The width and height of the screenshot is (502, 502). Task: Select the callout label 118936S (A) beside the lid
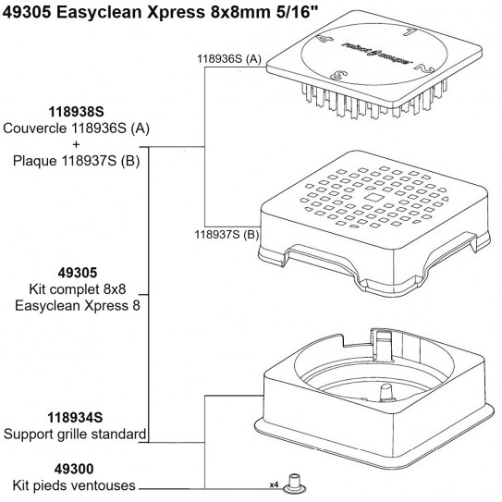tap(229, 58)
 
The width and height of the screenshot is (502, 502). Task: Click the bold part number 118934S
tap(74, 417)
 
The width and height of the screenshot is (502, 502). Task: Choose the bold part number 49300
tap(74, 469)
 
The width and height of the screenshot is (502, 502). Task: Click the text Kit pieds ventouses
tap(74, 485)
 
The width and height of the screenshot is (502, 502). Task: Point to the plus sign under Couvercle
tap(75, 144)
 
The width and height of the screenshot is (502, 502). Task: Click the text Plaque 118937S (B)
tap(75, 161)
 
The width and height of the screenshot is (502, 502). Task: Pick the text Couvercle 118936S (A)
tap(75, 129)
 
